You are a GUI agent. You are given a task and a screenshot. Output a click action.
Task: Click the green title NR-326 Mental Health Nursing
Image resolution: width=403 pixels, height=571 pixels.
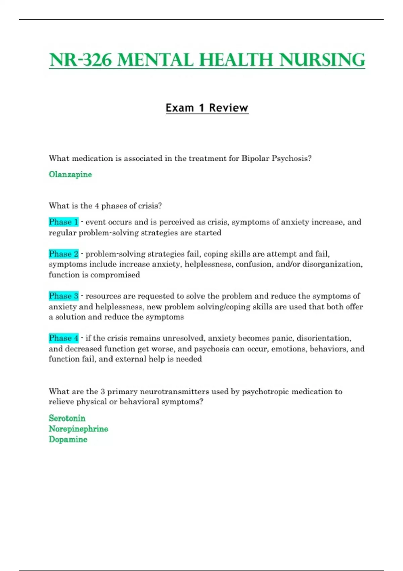207,60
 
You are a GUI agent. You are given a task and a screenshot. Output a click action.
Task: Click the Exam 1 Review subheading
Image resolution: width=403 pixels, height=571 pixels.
207,108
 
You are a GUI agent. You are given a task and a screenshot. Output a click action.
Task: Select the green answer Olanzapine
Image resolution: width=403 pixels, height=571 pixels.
70,174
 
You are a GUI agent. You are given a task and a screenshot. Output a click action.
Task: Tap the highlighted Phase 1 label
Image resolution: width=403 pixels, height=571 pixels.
63,222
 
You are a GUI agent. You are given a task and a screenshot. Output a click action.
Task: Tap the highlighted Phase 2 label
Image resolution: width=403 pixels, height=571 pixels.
63,254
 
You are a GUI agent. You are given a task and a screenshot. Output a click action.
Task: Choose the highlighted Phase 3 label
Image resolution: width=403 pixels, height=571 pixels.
63,296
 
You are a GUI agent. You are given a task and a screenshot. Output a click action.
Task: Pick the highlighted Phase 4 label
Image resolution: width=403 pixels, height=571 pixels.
63,338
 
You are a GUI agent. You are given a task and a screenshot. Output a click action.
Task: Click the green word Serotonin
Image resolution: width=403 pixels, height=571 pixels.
67,418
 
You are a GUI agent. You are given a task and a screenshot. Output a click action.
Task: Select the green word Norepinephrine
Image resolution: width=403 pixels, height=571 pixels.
78,429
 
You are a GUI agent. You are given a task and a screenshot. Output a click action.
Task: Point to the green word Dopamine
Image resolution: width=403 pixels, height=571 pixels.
68,439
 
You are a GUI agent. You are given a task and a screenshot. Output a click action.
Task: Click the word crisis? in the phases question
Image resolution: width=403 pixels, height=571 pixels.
151,206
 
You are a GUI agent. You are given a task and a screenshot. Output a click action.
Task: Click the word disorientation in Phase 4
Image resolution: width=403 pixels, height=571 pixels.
323,338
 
